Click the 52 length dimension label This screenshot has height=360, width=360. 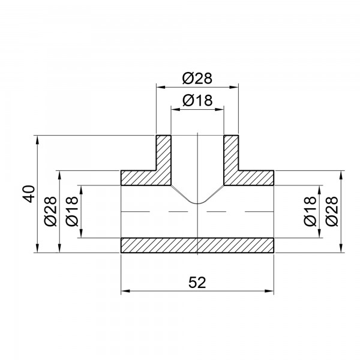pos(197,283)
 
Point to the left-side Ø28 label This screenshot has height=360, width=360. pos(52,212)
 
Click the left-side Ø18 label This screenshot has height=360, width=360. pos(71,212)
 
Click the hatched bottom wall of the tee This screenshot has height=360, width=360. pos(197,245)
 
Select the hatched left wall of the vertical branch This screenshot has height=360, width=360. pos(163,155)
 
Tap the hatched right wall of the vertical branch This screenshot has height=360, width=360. pos(232,155)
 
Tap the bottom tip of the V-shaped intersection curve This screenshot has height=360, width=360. pos(197,204)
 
